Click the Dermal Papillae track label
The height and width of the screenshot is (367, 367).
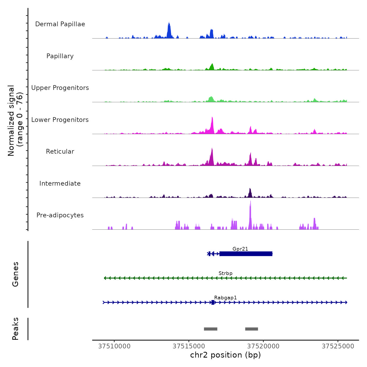60,24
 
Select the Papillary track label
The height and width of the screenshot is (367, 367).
60,56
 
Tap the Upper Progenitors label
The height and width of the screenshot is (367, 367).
60,88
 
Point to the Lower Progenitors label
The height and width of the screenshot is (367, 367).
60,120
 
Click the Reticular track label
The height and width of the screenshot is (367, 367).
60,152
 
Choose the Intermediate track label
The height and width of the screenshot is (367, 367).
60,183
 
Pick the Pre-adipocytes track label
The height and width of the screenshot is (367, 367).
60,215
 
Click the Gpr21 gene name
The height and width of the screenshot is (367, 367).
240,249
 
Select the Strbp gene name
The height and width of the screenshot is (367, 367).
225,273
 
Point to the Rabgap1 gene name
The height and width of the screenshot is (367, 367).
225,298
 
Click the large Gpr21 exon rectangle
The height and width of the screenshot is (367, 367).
246,253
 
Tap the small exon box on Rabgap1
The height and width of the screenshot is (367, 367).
213,302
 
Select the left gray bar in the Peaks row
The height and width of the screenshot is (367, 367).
211,329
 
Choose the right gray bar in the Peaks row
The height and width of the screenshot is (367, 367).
252,329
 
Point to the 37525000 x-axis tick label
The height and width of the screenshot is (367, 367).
338,346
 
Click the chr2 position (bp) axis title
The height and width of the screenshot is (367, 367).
225,355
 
